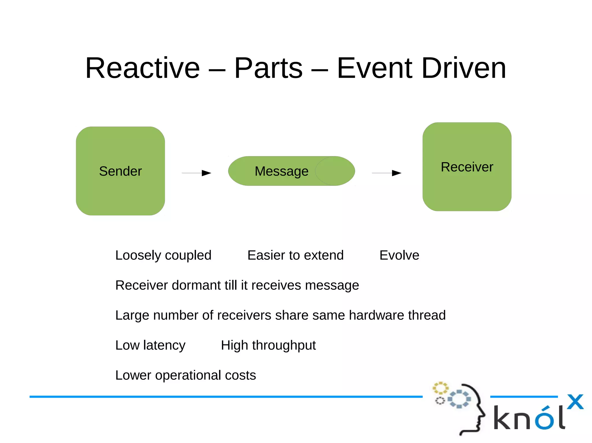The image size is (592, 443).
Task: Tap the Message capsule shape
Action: click(x=291, y=171)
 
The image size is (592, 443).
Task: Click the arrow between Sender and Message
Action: click(x=197, y=173)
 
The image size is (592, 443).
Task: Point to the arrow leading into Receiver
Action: click(x=387, y=173)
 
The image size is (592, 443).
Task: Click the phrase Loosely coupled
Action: click(x=163, y=255)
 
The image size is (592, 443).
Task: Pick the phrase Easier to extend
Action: click(x=295, y=255)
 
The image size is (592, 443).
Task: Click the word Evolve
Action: click(x=399, y=255)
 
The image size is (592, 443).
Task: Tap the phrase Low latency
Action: click(x=150, y=345)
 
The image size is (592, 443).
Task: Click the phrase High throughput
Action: click(x=268, y=345)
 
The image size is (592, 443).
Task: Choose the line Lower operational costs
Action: click(x=186, y=375)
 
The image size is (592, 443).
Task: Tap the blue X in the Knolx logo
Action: click(x=575, y=402)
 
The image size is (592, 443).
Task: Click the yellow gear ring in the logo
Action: click(x=440, y=388)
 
